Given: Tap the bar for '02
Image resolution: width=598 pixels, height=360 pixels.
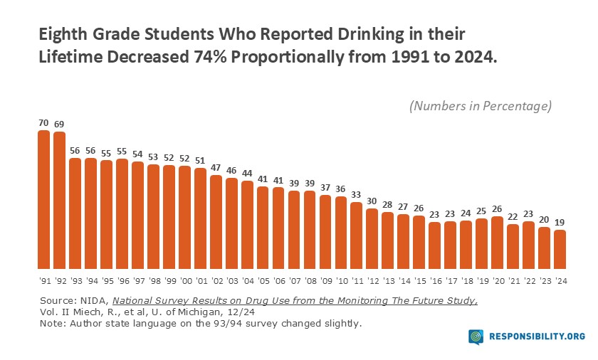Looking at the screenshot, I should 216,220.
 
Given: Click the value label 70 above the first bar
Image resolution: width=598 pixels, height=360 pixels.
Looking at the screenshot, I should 43,122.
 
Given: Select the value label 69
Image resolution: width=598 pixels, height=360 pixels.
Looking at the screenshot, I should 59,124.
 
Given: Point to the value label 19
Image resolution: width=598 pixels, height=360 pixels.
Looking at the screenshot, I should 560,222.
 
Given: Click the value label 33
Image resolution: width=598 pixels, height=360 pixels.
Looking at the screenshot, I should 356,194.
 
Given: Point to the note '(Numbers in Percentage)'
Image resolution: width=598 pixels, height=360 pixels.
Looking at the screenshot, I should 481,106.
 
